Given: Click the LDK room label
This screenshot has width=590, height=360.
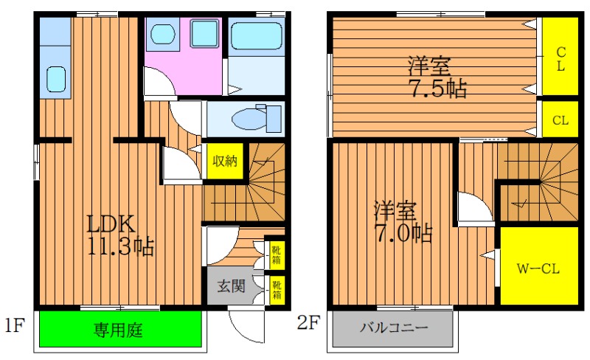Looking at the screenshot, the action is pyautogui.click(x=111, y=224).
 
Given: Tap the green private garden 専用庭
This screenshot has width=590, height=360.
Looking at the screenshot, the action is pyautogui.click(x=120, y=329).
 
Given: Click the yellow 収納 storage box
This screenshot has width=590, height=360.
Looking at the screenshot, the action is pyautogui.click(x=225, y=161).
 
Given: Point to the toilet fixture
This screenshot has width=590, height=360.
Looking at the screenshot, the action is pyautogui.click(x=256, y=118).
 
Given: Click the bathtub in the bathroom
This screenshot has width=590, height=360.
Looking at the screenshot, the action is pyautogui.click(x=256, y=36).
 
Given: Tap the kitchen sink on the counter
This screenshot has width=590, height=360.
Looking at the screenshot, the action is pyautogui.click(x=56, y=79).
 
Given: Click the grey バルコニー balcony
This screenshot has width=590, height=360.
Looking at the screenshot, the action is pyautogui.click(x=392, y=328).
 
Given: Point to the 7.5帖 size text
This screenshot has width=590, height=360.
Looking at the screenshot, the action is pyautogui.click(x=438, y=89).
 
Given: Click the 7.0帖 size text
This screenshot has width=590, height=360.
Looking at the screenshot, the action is pyautogui.click(x=403, y=233).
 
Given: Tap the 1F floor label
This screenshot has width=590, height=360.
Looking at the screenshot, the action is pyautogui.click(x=15, y=325).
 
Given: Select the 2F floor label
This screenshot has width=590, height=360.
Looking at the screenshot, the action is pyautogui.click(x=308, y=322).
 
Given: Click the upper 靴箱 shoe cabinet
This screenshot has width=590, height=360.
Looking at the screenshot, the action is pyautogui.click(x=277, y=255).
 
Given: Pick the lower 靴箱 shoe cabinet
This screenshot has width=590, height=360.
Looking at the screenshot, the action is pyautogui.click(x=277, y=290).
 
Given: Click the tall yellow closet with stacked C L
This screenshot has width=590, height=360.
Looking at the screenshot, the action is pyautogui.click(x=560, y=57).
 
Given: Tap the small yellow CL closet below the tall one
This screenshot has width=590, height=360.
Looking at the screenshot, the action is pyautogui.click(x=560, y=120).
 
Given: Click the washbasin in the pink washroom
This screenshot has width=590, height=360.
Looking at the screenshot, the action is pyautogui.click(x=163, y=34).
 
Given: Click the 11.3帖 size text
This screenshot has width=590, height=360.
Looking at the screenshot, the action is pyautogui.click(x=121, y=246).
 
